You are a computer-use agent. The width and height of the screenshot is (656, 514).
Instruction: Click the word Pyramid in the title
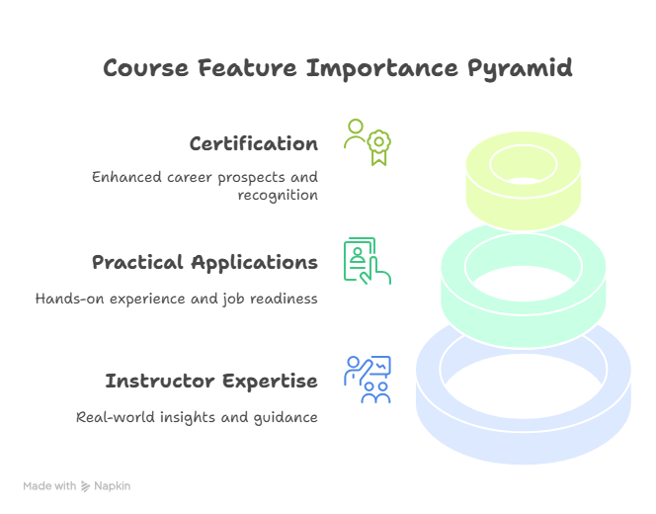click(520, 69)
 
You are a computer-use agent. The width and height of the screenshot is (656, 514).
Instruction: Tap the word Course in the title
click(145, 68)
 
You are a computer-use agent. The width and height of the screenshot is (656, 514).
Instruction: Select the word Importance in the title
click(382, 69)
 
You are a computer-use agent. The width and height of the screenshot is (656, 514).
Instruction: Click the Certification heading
click(254, 143)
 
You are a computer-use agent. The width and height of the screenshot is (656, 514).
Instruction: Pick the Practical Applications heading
click(205, 263)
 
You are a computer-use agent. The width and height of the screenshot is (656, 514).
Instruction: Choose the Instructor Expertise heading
click(211, 381)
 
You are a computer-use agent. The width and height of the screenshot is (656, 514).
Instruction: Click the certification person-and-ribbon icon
click(368, 142)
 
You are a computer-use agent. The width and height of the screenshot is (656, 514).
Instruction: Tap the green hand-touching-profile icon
click(368, 261)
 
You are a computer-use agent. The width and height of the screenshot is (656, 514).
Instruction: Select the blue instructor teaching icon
click(368, 380)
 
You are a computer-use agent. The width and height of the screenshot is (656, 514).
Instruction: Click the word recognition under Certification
click(278, 196)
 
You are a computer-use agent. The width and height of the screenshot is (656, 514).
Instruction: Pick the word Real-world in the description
click(116, 417)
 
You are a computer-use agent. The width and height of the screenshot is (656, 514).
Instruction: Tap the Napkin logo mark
click(85, 486)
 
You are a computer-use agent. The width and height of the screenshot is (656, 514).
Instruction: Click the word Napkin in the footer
click(112, 486)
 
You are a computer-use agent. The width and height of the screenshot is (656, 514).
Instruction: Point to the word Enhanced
click(126, 177)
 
